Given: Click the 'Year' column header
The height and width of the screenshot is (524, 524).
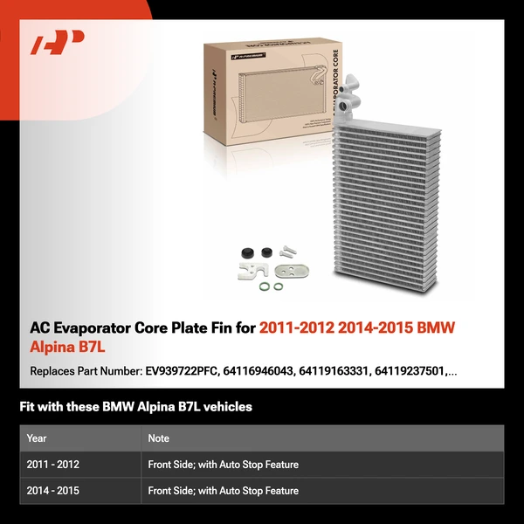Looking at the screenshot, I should tap(37, 438).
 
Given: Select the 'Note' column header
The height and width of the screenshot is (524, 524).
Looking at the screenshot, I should tap(158, 438).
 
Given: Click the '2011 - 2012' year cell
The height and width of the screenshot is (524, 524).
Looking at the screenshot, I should tap(53, 465).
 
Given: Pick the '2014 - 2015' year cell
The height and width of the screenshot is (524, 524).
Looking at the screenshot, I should tap(53, 491).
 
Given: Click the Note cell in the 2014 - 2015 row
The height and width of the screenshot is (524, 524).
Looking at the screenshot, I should tap(223, 491).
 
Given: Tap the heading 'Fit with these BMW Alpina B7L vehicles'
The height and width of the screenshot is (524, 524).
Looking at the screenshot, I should tap(135, 407).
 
